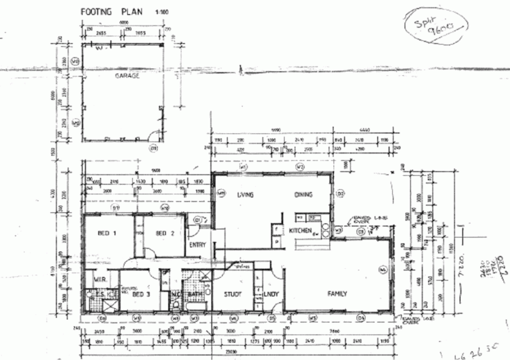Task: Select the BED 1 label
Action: (106, 233)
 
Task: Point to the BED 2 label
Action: (164, 233)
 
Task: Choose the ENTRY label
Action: (198, 245)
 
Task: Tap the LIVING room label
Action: (246, 195)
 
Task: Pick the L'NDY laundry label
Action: (272, 294)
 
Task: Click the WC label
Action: (175, 294)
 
